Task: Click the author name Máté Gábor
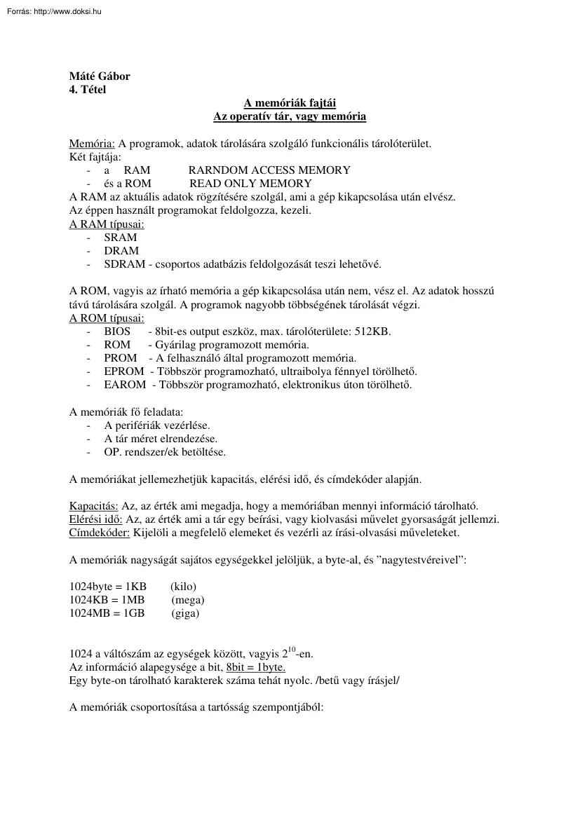pyautogui.click(x=100, y=76)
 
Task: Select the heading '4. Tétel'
pyautogui.click(x=88, y=89)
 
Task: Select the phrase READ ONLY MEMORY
pyautogui.click(x=250, y=184)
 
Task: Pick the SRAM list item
pyautogui.click(x=121, y=238)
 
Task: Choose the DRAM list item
pyautogui.click(x=121, y=251)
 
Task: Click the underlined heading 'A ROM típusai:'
pyautogui.click(x=107, y=318)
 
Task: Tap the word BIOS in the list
pyautogui.click(x=117, y=332)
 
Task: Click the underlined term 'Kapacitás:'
pyautogui.click(x=94, y=506)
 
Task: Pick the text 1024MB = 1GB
pyautogui.click(x=107, y=613)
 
